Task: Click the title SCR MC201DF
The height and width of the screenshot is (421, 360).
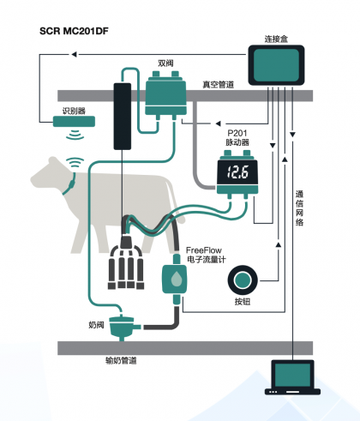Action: click(x=74, y=31)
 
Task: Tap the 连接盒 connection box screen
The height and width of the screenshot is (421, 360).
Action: click(x=276, y=65)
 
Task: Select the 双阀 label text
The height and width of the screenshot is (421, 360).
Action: click(x=165, y=63)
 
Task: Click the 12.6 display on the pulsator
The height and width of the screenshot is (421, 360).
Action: click(x=237, y=172)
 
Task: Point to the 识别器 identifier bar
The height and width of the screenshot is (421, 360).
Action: click(x=74, y=122)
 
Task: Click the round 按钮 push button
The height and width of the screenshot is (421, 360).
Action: click(x=243, y=280)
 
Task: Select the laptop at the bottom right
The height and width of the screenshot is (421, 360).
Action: click(x=292, y=377)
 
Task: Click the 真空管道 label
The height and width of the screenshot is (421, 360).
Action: click(x=219, y=84)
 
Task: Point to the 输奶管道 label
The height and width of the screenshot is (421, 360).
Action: click(x=121, y=360)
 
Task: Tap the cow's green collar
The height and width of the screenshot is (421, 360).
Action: click(x=70, y=185)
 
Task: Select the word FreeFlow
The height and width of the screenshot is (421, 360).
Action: click(x=204, y=250)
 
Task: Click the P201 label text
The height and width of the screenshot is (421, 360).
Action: click(x=237, y=133)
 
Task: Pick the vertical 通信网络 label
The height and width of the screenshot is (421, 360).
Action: click(x=299, y=208)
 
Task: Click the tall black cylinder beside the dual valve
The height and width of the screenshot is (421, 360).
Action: click(x=123, y=117)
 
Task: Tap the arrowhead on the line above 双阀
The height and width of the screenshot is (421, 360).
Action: click(x=74, y=54)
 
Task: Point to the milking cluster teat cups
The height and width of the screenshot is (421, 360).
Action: click(x=126, y=268)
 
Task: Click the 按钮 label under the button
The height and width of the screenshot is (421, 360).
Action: click(x=243, y=302)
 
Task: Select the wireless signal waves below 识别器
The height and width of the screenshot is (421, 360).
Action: click(x=75, y=135)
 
